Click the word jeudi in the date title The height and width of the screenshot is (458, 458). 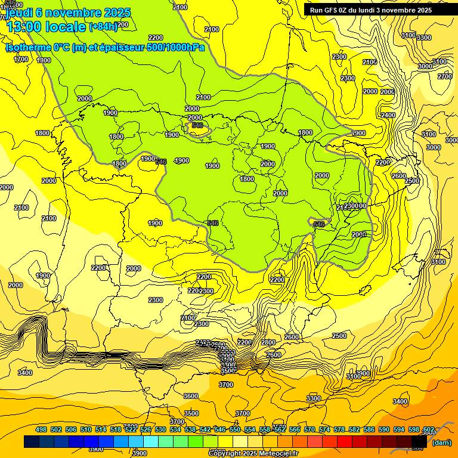pos(18,13)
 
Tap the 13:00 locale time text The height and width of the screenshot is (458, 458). pos(45,27)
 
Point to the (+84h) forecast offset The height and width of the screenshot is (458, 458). pos(104,26)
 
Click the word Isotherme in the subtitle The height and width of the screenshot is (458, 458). pos(27,47)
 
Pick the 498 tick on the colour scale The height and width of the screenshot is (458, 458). pos(41,429)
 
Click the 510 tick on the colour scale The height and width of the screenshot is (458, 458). pos(86,429)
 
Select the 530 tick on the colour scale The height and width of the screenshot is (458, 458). pos(160,429)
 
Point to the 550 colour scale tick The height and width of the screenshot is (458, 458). pos(235,429)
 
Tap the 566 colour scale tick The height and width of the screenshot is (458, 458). pos(295,429)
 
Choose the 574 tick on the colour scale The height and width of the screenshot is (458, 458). pos(324,429)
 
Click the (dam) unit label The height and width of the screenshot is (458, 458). pos(442,442)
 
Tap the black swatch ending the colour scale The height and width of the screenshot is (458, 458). pos(419,442)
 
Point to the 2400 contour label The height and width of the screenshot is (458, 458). pos(388,115)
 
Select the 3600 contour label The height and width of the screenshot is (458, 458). pos(191,396)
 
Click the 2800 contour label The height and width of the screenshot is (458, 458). pos(268,342)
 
